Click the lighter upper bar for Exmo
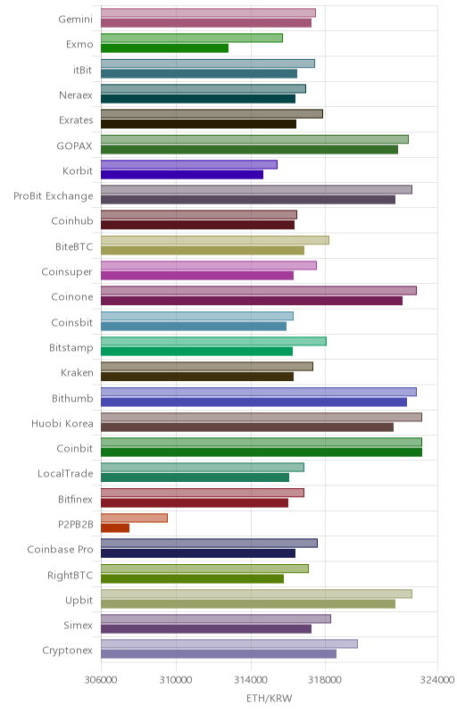tap(192, 37)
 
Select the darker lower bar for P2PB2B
tap(115, 527)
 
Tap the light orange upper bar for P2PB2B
tap(134, 518)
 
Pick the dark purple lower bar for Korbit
tap(182, 174)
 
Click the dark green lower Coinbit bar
tap(262, 452)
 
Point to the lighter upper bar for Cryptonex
tap(229, 643)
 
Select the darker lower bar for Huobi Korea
tap(247, 428)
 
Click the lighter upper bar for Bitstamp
tap(213, 341)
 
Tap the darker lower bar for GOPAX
tap(249, 149)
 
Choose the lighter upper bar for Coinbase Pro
tap(209, 543)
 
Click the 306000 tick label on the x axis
tap(101, 680)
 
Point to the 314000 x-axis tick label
tap(251, 680)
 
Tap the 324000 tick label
tap(437, 680)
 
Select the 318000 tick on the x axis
tap(325, 680)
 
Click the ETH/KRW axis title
tap(269, 698)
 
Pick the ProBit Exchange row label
tap(54, 196)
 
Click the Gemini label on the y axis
tap(76, 19)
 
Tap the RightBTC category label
tap(71, 575)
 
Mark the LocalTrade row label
tap(65, 474)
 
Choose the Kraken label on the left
tap(77, 372)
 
